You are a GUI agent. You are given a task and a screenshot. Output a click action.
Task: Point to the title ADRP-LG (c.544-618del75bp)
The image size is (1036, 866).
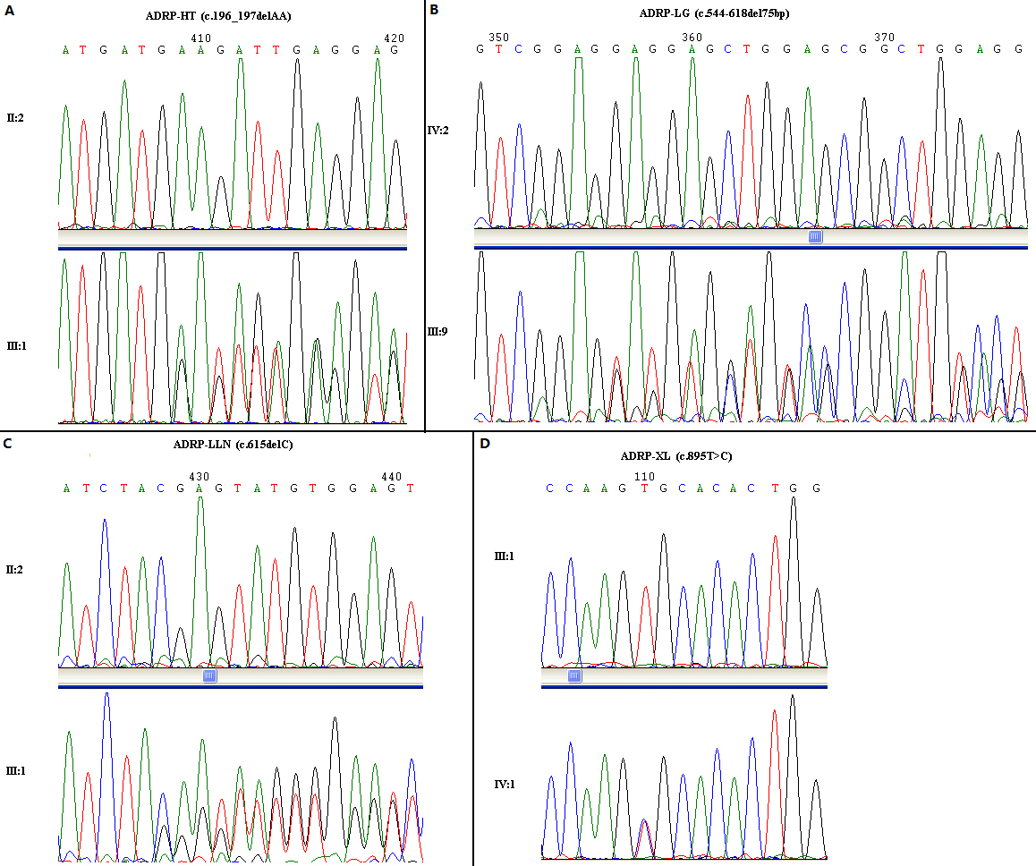(714, 13)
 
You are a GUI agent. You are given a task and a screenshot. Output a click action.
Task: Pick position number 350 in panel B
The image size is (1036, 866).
(498, 37)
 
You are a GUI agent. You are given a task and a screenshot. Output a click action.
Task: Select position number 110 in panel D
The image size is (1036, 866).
(644, 477)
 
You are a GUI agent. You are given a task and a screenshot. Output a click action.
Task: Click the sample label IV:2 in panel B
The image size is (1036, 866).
(438, 131)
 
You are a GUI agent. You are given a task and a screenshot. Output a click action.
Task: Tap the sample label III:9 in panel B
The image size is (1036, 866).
(438, 332)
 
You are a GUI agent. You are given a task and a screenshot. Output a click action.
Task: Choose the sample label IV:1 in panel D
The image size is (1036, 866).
(505, 785)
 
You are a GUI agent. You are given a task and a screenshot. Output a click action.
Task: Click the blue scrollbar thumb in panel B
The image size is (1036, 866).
(815, 237)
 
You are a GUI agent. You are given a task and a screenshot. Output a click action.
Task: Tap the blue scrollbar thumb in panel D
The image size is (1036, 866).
(575, 676)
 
